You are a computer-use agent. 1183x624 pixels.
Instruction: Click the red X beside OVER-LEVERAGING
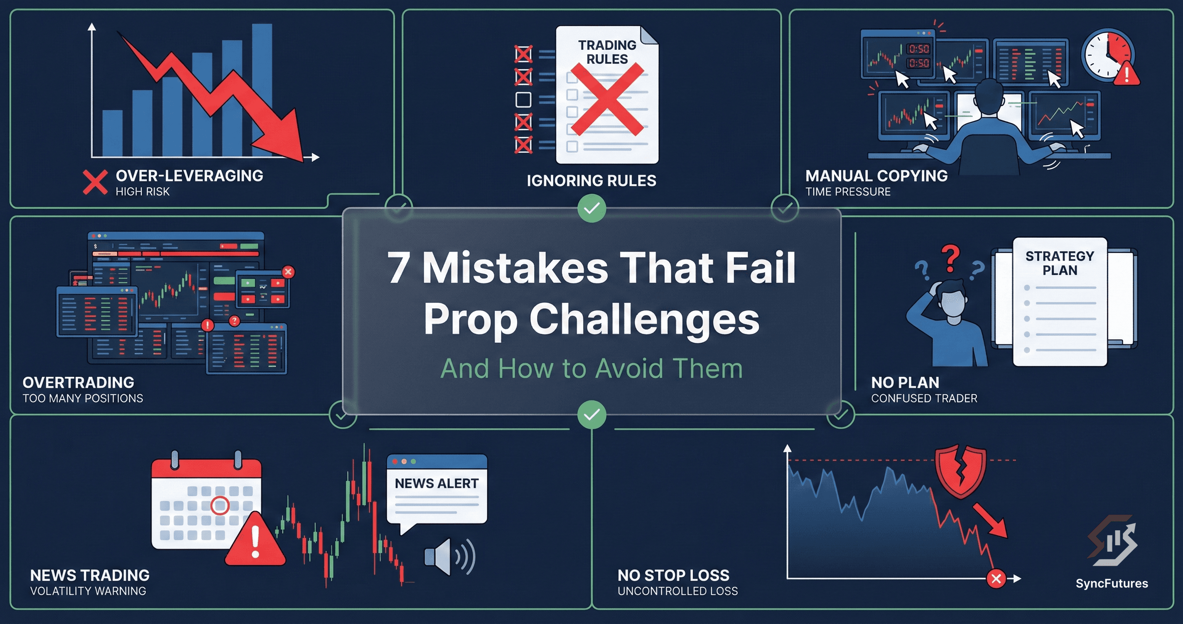[95, 182]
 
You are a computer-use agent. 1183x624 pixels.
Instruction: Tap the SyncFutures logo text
[1112, 583]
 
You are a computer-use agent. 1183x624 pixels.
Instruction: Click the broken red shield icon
[961, 471]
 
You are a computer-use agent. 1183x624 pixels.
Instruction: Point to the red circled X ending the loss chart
[996, 579]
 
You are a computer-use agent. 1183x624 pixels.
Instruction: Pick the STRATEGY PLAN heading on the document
[1060, 263]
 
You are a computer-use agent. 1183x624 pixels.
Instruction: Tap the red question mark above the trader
[950, 258]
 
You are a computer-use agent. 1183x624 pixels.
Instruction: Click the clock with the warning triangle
[1108, 55]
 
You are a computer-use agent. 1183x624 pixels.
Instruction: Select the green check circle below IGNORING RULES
[591, 209]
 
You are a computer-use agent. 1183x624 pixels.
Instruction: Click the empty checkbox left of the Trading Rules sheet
[523, 100]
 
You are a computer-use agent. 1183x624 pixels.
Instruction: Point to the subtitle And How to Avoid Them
[591, 368]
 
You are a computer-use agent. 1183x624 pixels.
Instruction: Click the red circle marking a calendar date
[219, 505]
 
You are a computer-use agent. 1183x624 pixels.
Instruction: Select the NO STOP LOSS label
[673, 575]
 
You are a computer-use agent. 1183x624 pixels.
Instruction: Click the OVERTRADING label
[79, 382]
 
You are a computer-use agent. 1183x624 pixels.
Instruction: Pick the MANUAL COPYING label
[876, 176]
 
